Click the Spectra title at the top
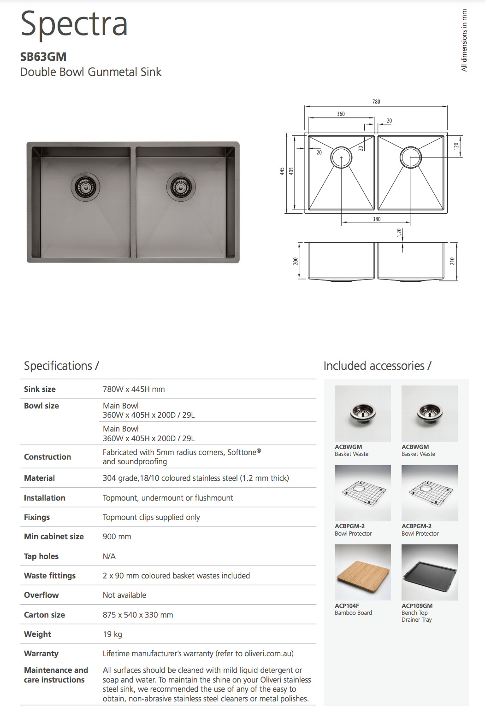(x=74, y=24)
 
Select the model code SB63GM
(x=43, y=57)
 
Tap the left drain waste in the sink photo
(x=85, y=187)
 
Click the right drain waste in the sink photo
(x=181, y=187)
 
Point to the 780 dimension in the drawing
(x=376, y=102)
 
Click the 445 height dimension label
(x=282, y=171)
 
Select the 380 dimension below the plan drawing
(x=377, y=219)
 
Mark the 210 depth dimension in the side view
(x=452, y=261)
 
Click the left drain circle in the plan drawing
(x=341, y=158)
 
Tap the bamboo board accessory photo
(x=362, y=572)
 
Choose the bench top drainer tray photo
(x=429, y=572)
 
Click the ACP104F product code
(x=347, y=606)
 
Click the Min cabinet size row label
(x=54, y=537)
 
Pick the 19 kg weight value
(x=112, y=634)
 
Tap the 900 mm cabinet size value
(x=117, y=537)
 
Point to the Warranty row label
(x=41, y=654)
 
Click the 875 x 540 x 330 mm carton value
(x=138, y=615)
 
